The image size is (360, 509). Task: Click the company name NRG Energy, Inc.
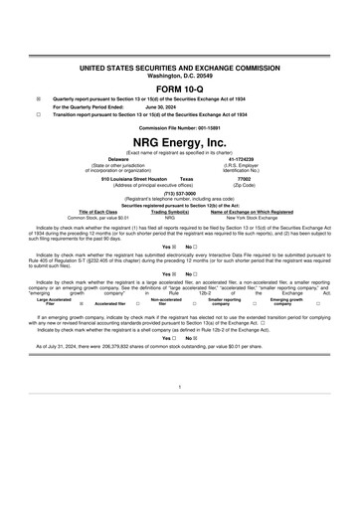click(x=180, y=143)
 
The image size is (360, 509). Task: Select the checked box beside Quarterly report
click(x=39, y=98)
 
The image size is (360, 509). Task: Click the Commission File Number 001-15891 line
click(x=180, y=128)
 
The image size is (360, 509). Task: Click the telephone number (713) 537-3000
click(x=180, y=195)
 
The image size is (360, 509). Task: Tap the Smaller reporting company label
click(x=224, y=302)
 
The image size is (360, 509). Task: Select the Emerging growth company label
click(x=286, y=302)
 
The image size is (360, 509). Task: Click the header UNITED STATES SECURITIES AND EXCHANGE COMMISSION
click(x=180, y=65)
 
